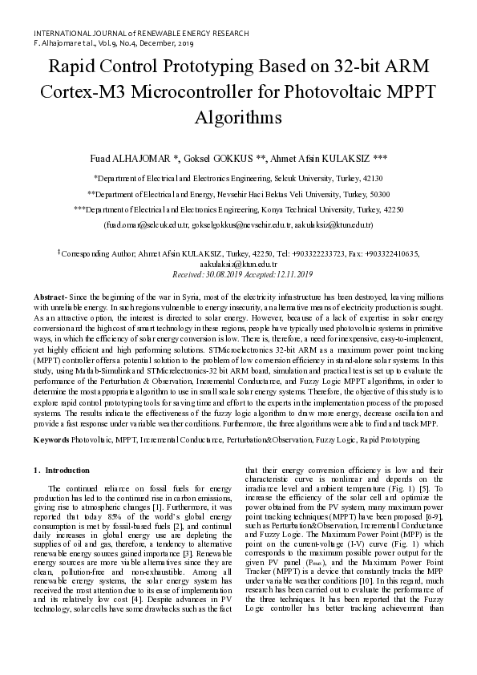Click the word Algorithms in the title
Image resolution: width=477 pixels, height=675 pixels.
[238, 117]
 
